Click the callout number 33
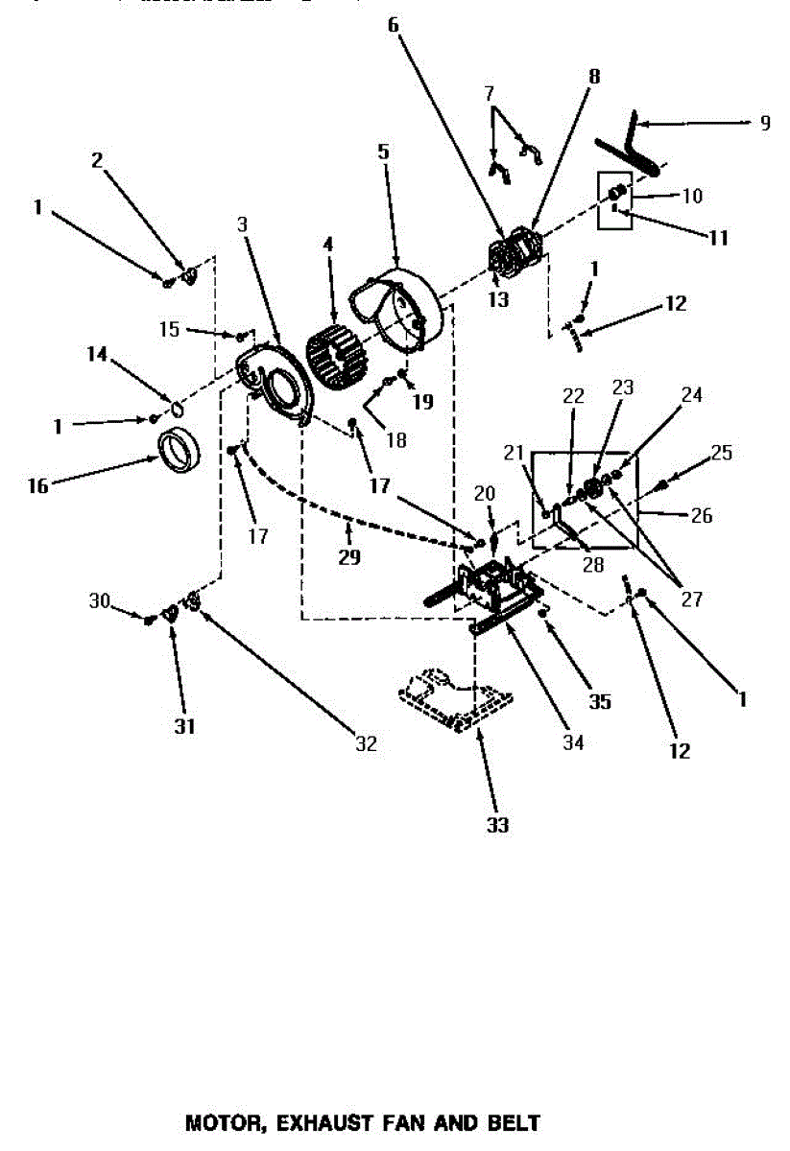496,824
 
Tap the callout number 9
764,123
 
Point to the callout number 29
348,556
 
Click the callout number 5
383,151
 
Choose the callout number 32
366,743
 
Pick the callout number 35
599,701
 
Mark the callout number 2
97,160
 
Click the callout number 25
722,450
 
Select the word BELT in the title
514,1121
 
